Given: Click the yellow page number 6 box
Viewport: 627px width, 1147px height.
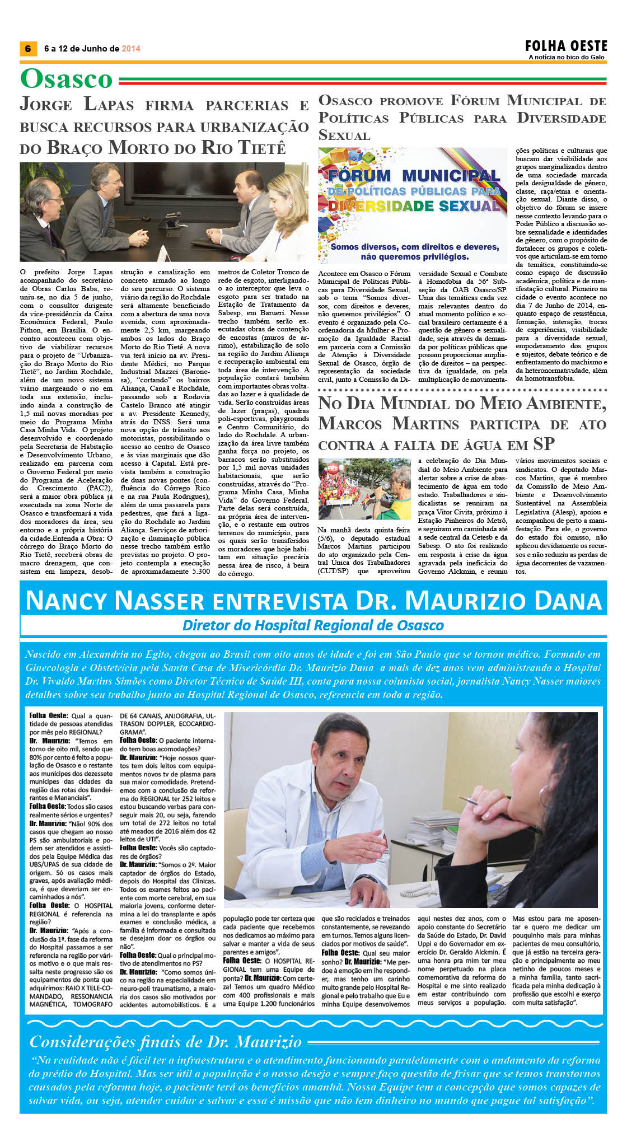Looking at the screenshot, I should pos(27,49).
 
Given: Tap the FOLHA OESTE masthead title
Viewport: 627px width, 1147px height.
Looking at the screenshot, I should pos(566,46).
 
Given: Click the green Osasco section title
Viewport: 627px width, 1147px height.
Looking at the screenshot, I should pos(66,79).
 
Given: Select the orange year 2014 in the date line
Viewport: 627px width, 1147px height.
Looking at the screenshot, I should pos(131,49).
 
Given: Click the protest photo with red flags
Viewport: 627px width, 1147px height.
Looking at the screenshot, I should pos(364,490).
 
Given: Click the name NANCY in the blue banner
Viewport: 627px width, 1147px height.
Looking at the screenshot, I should pos(67,601).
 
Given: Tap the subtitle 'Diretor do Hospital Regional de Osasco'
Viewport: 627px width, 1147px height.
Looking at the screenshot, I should pos(313,625).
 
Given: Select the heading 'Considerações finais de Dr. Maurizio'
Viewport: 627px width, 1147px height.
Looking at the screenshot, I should pos(166,1042).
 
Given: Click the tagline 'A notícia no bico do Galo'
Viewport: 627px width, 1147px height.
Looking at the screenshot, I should pos(567,57).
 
